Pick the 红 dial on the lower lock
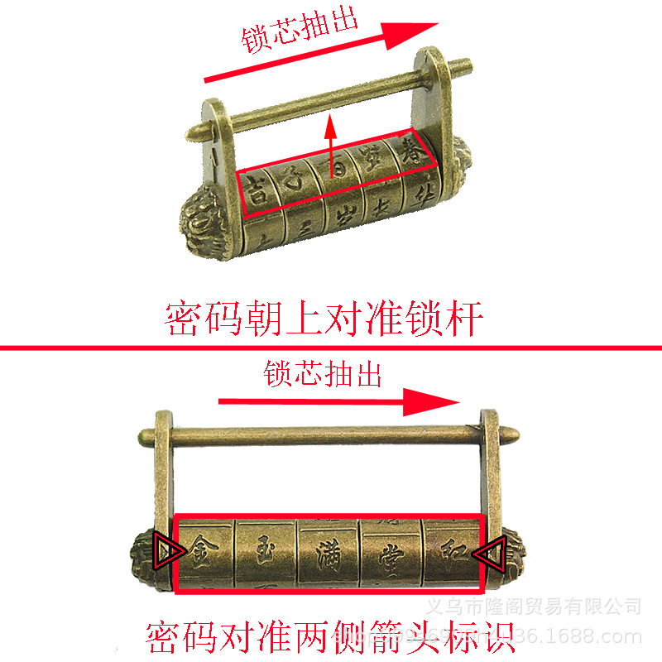pos(449,551)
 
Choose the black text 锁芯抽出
pos(323,373)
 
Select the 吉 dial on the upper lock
pos(258,187)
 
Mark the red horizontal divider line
pos(331,348)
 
